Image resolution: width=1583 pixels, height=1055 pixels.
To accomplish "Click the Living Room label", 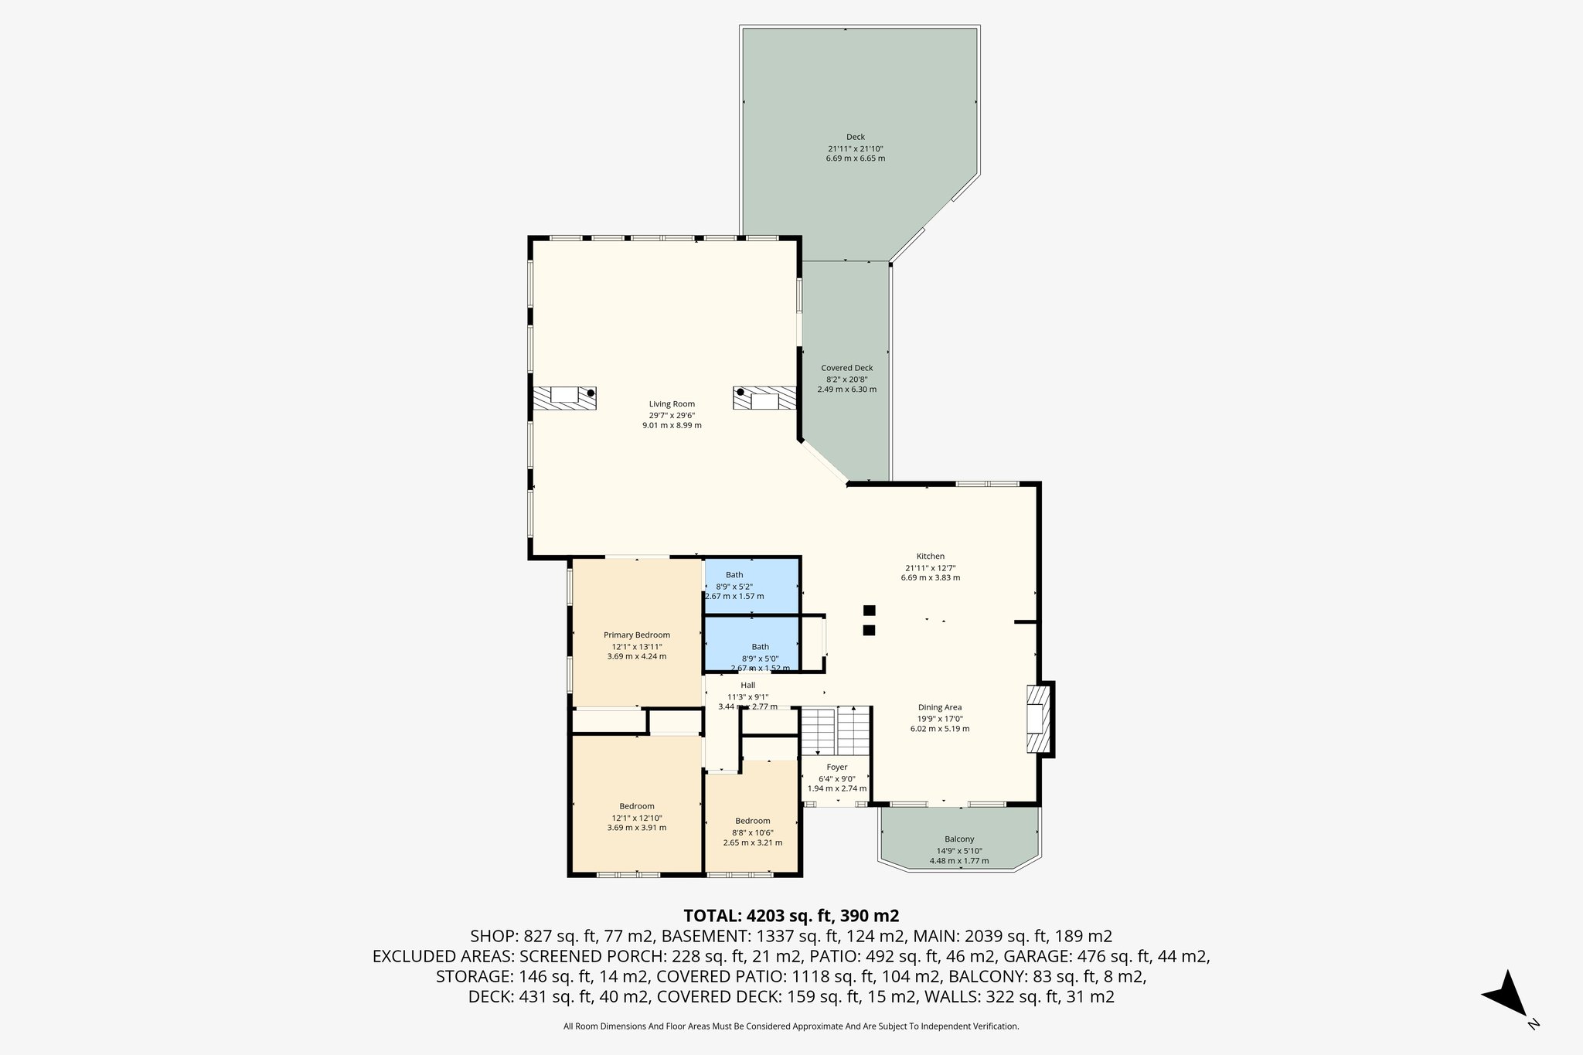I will (671, 403).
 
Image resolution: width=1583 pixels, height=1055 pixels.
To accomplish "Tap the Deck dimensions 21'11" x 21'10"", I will (855, 148).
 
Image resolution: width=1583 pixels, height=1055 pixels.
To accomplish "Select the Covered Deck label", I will (846, 368).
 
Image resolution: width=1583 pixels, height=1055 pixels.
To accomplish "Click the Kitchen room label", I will (930, 556).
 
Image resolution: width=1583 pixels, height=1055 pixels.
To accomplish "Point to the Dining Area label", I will (939, 707).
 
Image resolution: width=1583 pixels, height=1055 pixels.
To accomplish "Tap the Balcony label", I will (958, 839).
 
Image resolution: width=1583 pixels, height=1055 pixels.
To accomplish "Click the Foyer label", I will (836, 767).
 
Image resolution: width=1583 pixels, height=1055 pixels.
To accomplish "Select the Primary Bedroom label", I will (636, 635).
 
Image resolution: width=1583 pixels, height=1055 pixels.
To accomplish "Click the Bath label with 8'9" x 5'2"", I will (734, 574).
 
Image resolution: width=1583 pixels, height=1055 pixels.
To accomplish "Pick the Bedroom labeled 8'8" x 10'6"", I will (752, 821).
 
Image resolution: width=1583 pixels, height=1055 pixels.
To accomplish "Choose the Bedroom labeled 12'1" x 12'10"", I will (636, 806).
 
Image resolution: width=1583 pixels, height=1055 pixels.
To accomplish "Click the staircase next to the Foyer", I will (836, 730).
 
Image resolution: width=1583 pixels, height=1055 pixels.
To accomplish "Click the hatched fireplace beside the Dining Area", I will (1039, 719).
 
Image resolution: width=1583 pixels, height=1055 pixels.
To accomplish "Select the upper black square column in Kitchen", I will (869, 610).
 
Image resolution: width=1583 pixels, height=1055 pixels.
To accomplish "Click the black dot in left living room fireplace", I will (591, 393).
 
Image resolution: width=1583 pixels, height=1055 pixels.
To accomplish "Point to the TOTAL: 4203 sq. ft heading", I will (791, 916).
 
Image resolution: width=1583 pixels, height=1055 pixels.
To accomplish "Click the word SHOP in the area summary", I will (495, 936).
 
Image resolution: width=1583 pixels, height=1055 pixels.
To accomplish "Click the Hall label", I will (747, 685).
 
